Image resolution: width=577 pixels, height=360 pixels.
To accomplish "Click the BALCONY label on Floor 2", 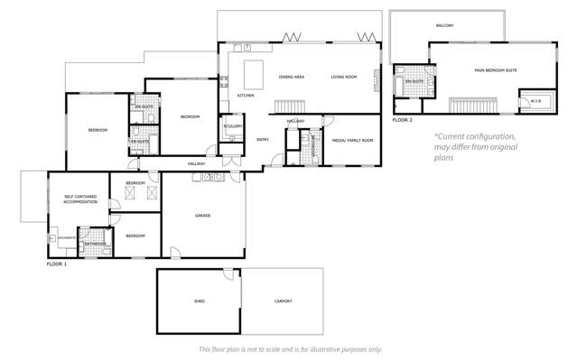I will coord(444,25).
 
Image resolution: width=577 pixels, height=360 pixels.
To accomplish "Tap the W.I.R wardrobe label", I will coord(535,100).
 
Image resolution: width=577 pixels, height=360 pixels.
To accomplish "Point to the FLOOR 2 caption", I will coord(402,119).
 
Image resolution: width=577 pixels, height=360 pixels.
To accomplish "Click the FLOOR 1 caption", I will coord(57,263).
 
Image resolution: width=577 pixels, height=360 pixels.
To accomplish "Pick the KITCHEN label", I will coord(246,95).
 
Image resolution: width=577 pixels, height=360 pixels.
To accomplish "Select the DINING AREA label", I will coord(291,77).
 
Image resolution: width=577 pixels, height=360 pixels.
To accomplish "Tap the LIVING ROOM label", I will coord(343,77).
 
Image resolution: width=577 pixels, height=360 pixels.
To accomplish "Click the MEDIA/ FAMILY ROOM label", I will coord(352,141).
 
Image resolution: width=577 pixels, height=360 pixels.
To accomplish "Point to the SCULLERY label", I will coord(233,126).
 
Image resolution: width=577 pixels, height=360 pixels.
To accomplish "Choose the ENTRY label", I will coord(263,139).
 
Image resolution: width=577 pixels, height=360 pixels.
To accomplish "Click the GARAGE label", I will coord(203,216).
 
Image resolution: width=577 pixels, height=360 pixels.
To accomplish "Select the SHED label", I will coord(199,301).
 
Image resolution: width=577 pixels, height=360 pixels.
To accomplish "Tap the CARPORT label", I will coord(283,301).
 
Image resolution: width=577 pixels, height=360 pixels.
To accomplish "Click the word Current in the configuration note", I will coord(456,136).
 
